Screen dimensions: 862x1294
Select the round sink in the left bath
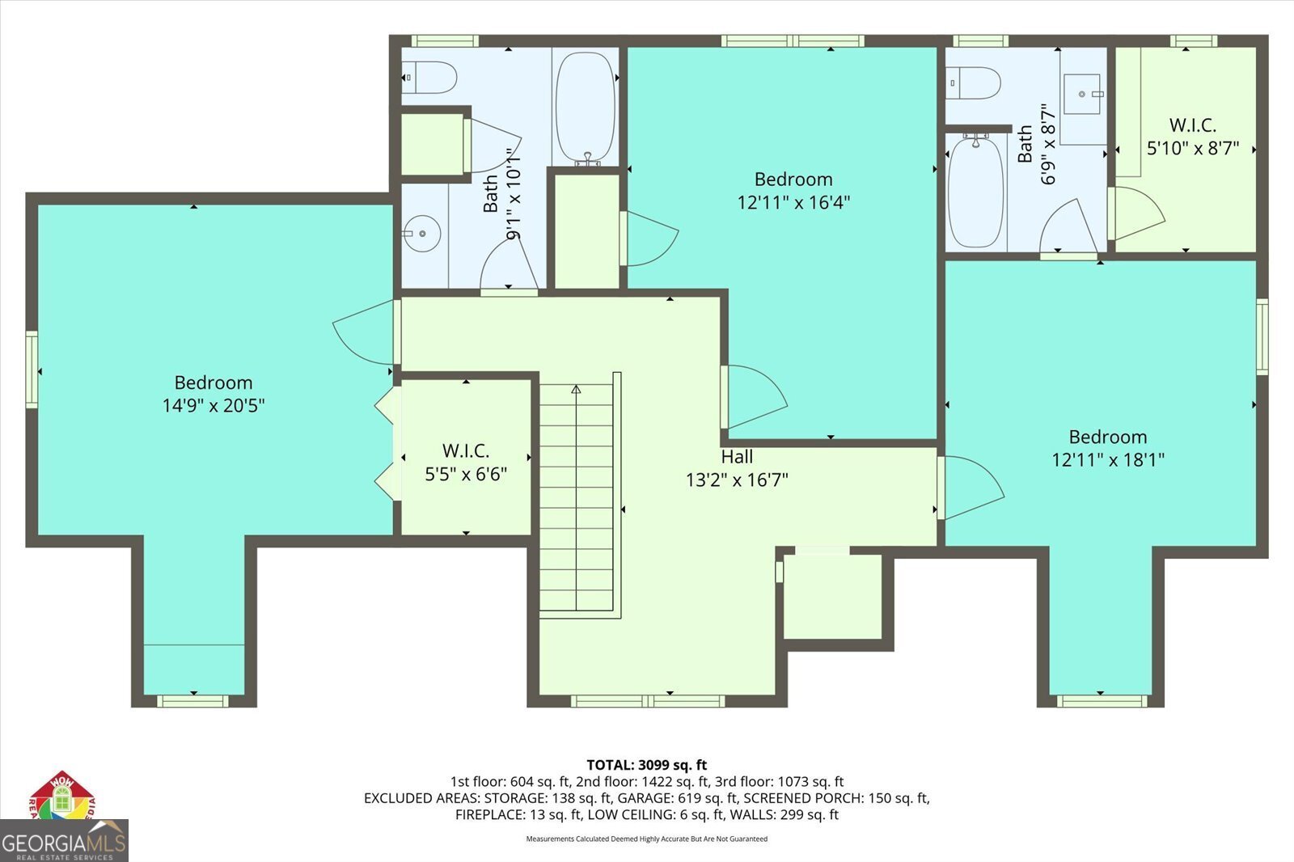pyautogui.click(x=421, y=234)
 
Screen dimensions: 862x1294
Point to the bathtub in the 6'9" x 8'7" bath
pyautogui.click(x=975, y=192)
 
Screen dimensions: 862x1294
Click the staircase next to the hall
pyautogui.click(x=577, y=497)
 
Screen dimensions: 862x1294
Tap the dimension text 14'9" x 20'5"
pyautogui.click(x=214, y=405)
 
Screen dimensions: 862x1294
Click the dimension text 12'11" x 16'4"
pyautogui.click(x=793, y=202)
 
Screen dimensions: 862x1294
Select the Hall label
pyautogui.click(x=737, y=457)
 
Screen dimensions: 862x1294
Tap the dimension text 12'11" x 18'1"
pyautogui.click(x=1108, y=460)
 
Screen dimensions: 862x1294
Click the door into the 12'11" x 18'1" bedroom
pyautogui.click(x=971, y=487)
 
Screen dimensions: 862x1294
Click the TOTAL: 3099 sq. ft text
pyautogui.click(x=646, y=764)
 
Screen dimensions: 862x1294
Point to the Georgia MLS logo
pyautogui.click(x=64, y=841)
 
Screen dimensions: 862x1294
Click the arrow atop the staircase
pyautogui.click(x=576, y=390)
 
